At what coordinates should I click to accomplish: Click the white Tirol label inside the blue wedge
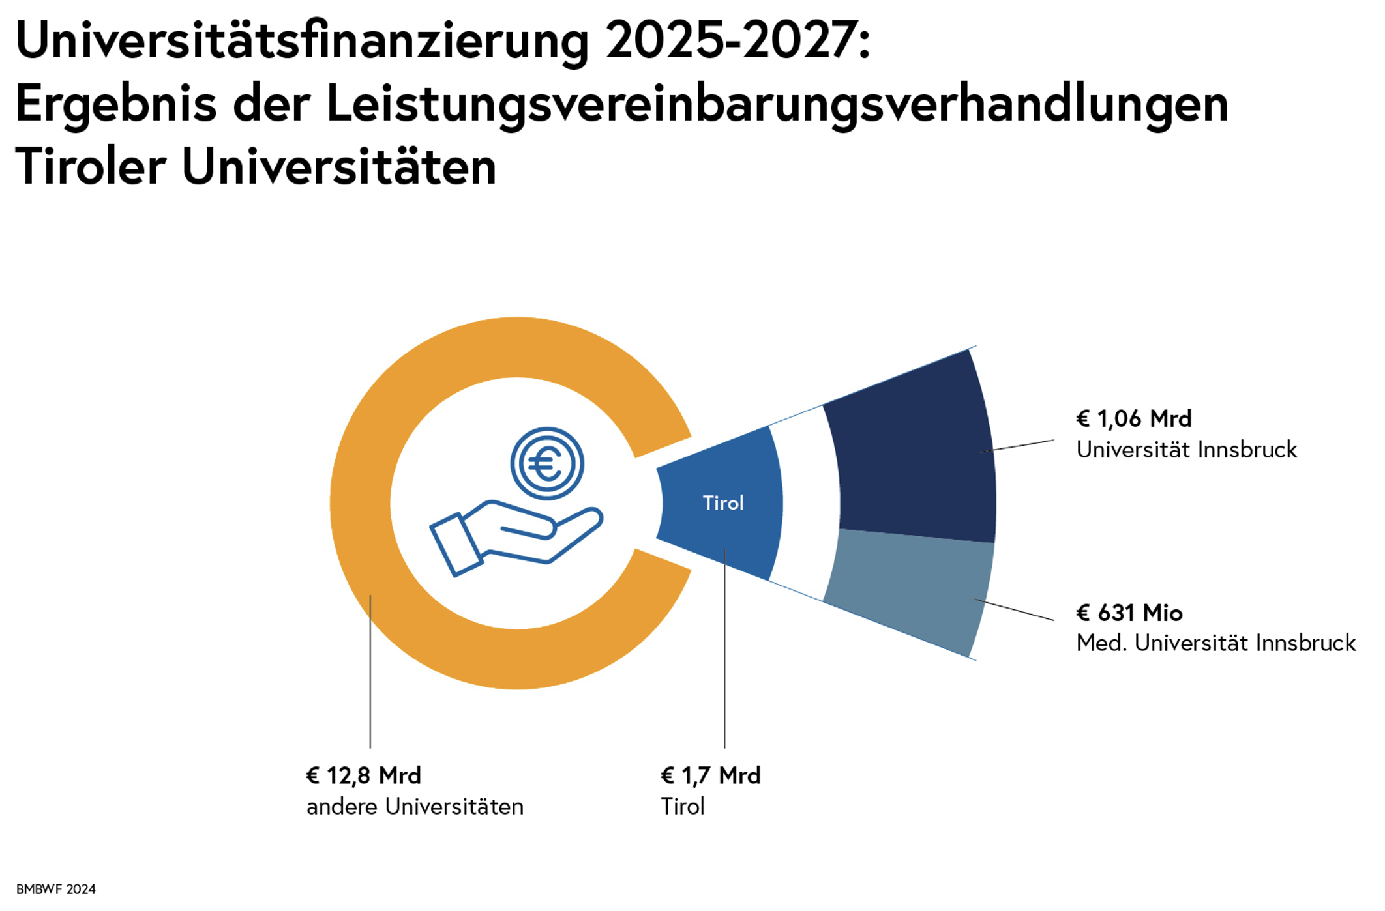[723, 503]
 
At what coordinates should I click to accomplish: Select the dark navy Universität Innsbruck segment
[913, 463]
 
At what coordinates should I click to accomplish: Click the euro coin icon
[547, 464]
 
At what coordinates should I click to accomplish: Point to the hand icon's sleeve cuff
[456, 545]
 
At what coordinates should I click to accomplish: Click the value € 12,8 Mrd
[364, 775]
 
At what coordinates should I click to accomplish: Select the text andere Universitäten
[415, 807]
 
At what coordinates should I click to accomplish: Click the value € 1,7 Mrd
[711, 775]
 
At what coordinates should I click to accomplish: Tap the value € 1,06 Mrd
[1134, 418]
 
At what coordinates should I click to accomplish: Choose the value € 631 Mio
[1129, 613]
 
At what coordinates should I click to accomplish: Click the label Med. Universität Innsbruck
[1216, 643]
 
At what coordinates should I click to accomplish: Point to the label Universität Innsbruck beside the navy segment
[1187, 450]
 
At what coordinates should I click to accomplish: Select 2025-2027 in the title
[737, 41]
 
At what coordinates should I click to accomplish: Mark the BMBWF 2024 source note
[56, 889]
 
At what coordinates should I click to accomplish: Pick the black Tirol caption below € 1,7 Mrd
[683, 807]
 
